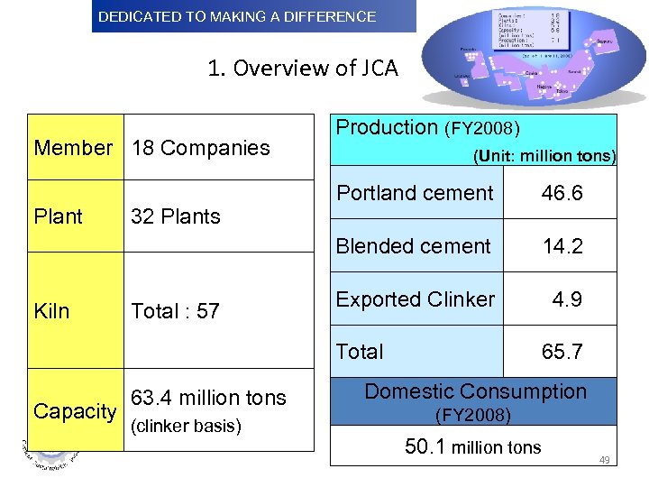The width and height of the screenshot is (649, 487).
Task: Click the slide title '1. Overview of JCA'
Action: coord(302,69)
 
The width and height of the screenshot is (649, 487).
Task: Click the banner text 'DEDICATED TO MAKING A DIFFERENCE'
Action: coord(237,16)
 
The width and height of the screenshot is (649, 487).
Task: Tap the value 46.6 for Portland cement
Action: coord(562,193)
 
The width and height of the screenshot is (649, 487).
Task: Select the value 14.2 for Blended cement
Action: coord(562,246)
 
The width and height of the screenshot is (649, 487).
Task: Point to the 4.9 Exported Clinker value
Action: coord(567,299)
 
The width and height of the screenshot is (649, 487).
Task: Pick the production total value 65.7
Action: coord(562,352)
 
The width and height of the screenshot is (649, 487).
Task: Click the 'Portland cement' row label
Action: coord(415,193)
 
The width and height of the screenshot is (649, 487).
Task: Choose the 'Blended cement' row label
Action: coord(414,246)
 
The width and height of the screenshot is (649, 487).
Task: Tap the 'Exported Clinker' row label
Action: coord(416,299)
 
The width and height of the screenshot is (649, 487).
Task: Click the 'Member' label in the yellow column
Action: coord(74,148)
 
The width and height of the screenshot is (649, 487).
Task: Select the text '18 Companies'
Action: coord(201,148)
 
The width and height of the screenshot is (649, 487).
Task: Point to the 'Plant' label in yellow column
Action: coord(58,216)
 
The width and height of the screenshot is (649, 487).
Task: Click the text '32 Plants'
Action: coord(176,216)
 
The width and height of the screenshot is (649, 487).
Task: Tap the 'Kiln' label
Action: coord(51,311)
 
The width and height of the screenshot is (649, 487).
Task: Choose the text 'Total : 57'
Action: coord(176,311)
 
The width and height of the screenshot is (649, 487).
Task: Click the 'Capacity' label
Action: coord(75,411)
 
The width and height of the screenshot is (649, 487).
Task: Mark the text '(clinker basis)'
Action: coord(187,426)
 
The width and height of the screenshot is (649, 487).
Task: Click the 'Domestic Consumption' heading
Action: coord(475,391)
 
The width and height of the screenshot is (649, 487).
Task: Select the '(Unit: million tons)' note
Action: coord(544,156)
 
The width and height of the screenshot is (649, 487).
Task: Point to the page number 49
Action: coord(605,461)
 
